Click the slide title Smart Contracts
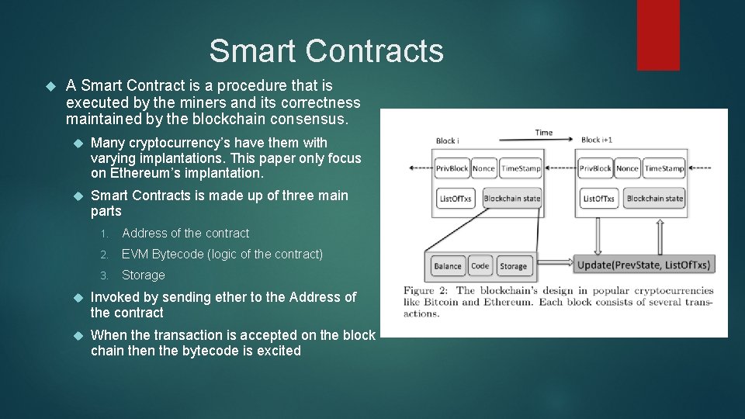pyautogui.click(x=326, y=51)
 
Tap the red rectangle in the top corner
pyautogui.click(x=658, y=35)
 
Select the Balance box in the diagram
pyautogui.click(x=448, y=266)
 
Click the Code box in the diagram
pyautogui.click(x=480, y=266)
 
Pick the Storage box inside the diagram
pyautogui.click(x=513, y=266)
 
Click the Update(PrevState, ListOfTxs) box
pyautogui.click(x=643, y=265)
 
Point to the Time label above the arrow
pyautogui.click(x=544, y=133)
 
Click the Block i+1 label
pyautogui.click(x=597, y=140)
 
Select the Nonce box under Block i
pyautogui.click(x=483, y=168)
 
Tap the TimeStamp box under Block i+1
pyautogui.click(x=664, y=168)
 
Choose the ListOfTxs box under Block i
pyautogui.click(x=455, y=199)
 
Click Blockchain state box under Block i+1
pyautogui.click(x=655, y=199)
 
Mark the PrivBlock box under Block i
pyautogui.click(x=452, y=168)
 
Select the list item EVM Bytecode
pyautogui.click(x=222, y=254)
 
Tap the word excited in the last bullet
pyautogui.click(x=278, y=351)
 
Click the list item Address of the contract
pyautogui.click(x=185, y=233)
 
